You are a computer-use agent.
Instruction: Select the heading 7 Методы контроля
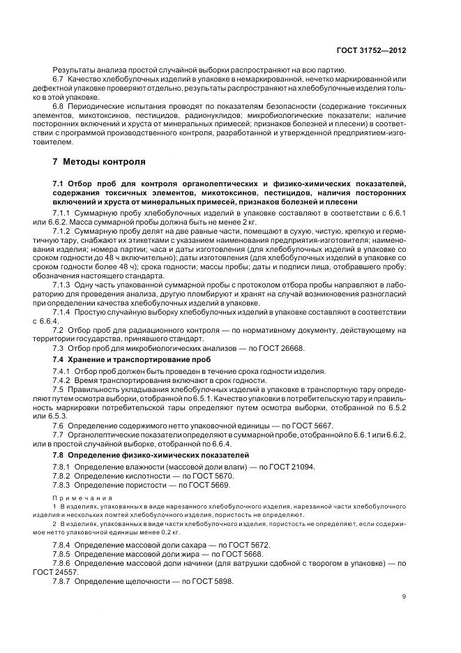point(99,162)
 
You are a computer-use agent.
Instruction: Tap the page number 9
point(405,596)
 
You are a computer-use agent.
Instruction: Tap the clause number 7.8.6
point(62,563)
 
